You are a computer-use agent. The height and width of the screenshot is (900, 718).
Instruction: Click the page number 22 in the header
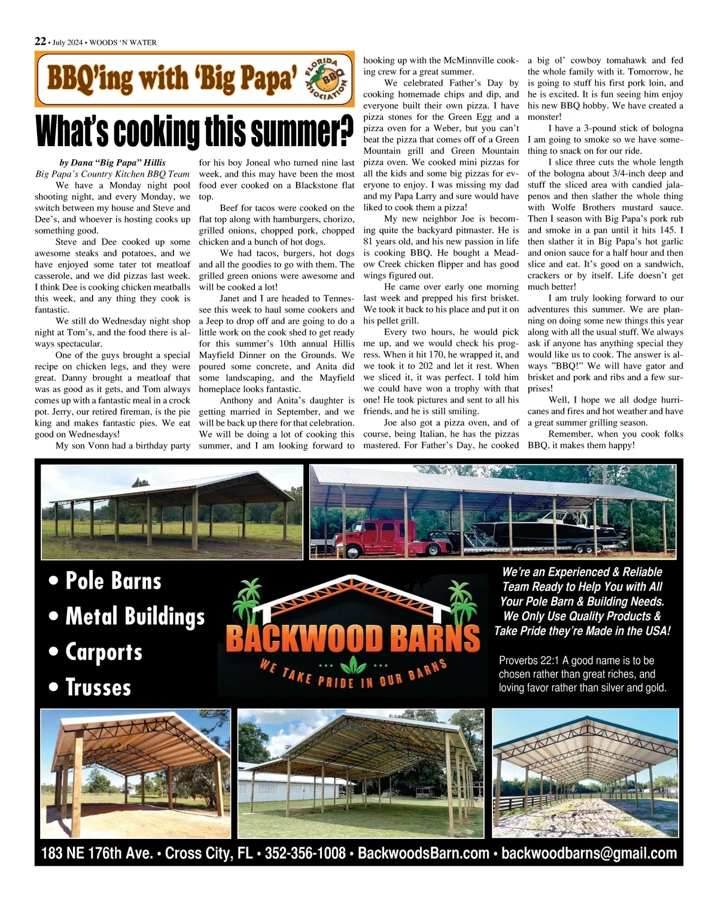click(40, 41)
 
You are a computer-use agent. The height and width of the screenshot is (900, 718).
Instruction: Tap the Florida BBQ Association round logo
click(327, 78)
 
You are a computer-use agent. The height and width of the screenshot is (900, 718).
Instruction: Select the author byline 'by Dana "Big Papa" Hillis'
click(112, 162)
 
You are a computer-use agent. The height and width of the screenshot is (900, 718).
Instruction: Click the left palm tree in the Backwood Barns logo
click(248, 601)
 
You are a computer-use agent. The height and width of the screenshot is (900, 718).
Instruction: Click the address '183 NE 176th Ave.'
click(97, 853)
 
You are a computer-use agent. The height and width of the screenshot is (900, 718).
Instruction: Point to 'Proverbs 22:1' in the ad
click(528, 660)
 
